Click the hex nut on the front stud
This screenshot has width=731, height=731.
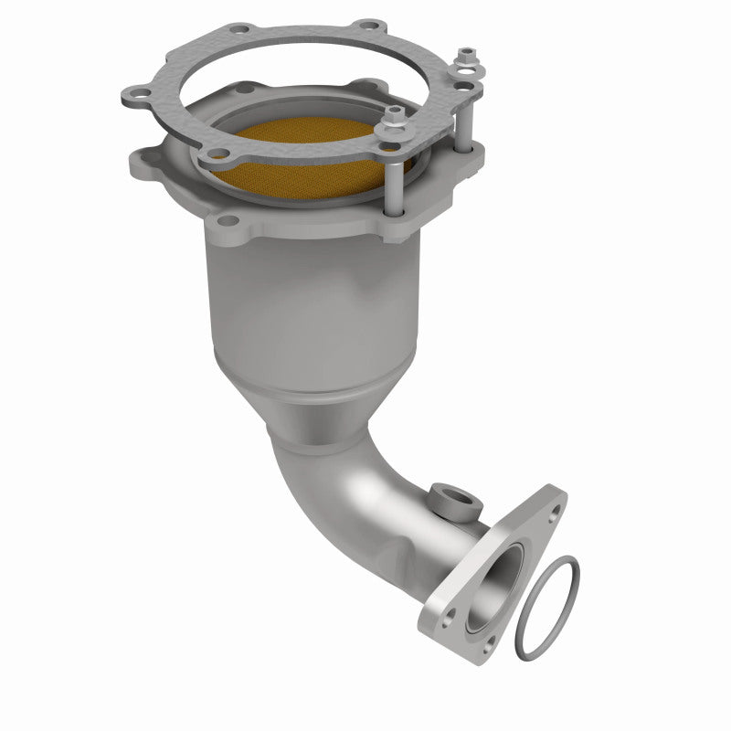(395, 114)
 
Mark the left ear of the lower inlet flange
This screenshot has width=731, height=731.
(146, 164)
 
